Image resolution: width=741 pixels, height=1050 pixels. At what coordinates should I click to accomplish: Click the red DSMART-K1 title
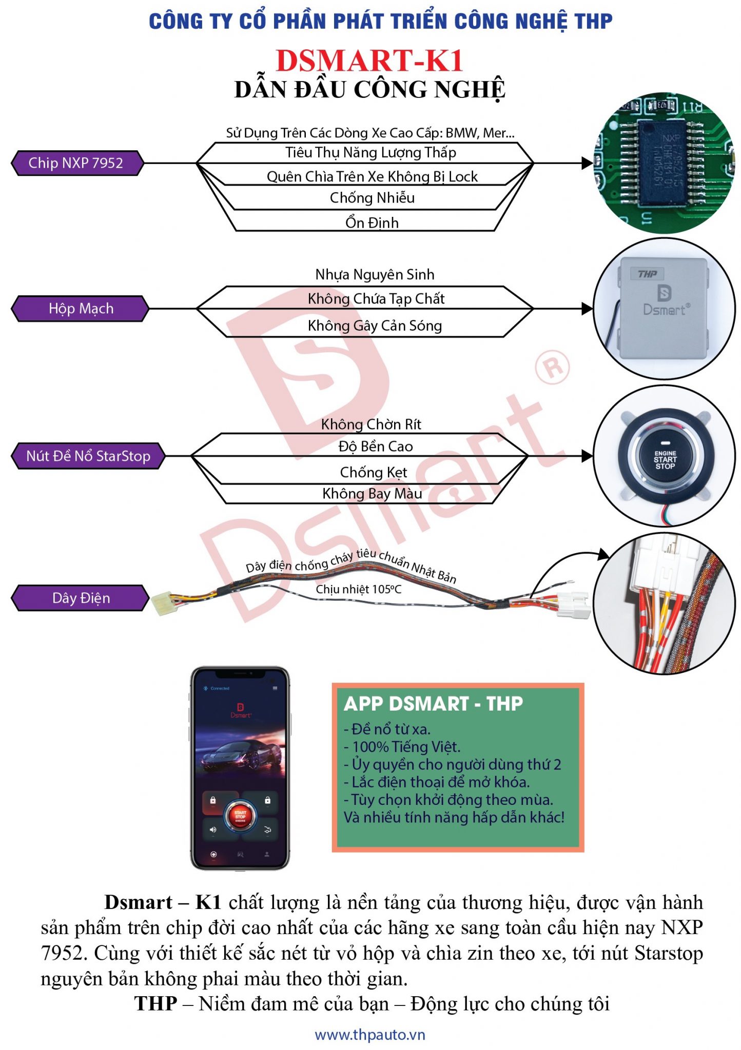[x=369, y=60]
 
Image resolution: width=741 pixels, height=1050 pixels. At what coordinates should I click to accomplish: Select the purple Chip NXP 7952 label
[x=76, y=163]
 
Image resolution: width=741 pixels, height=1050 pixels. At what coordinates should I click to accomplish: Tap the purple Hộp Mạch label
[x=81, y=309]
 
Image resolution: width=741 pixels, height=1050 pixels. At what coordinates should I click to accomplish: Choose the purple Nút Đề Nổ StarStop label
[x=88, y=456]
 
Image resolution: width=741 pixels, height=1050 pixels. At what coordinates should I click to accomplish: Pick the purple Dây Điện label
[x=81, y=598]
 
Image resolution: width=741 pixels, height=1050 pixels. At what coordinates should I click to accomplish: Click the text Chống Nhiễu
[x=372, y=198]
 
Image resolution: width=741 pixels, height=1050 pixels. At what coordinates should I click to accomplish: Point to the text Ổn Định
[x=372, y=223]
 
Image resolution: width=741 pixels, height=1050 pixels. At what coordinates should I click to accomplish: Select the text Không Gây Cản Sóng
[x=375, y=326]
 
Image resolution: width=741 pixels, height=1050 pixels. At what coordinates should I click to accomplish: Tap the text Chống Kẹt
[x=373, y=472]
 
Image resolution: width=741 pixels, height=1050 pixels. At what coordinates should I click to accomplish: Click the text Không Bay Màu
[x=372, y=494]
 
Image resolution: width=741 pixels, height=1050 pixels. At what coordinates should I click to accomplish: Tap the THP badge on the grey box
[x=648, y=274]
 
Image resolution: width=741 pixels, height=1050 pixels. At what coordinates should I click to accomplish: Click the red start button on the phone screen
[x=240, y=816]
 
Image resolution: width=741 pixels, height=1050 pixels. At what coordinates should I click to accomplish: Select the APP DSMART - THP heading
[x=433, y=704]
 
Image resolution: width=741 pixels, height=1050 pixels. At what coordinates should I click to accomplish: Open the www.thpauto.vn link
[x=370, y=1035]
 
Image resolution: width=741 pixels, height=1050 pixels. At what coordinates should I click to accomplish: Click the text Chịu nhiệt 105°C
[x=358, y=589]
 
